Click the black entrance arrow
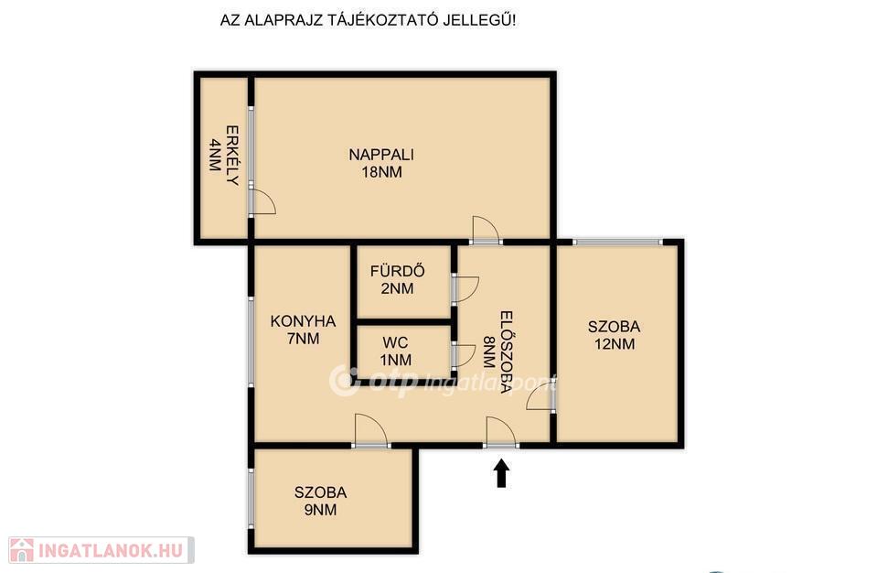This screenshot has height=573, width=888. tap(502, 473)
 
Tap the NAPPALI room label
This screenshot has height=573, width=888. tap(381, 154)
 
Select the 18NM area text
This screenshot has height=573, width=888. tap(381, 172)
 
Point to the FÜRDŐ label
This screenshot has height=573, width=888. tap(397, 271)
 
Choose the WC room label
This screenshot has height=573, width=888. tap(395, 343)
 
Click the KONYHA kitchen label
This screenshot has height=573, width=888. tap(303, 321)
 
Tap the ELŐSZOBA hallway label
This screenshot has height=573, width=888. tap(507, 351)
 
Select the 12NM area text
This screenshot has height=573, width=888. tap(615, 344)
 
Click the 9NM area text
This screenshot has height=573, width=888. tap(321, 510)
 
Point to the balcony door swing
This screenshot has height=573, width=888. tap(262, 201)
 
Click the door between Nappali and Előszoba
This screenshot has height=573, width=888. tap(486, 230)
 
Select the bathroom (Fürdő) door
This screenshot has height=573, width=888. tap(465, 289)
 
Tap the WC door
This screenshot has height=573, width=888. tap(464, 356)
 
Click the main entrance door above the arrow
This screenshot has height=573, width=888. tap(501, 432)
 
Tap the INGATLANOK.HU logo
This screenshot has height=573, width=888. tap(101, 550)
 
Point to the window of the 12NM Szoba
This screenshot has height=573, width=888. tap(617, 242)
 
